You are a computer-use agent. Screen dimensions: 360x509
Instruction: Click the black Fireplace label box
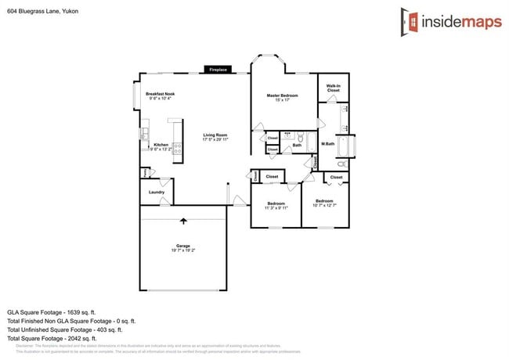point(218,70)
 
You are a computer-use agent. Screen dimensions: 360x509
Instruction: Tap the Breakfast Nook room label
point(160,94)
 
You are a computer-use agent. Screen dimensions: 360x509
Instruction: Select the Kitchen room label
point(161,144)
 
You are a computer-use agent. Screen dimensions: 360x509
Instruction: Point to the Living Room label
point(215,135)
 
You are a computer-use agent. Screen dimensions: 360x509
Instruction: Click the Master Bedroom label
point(283,95)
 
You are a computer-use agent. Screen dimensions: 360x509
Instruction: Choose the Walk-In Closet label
point(333,88)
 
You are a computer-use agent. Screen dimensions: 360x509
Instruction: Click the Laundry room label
point(156,192)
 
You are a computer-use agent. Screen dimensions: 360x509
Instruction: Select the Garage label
point(183,246)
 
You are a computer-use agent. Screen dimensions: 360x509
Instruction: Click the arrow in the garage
point(183,222)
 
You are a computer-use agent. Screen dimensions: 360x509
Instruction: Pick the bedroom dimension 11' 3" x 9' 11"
point(276,208)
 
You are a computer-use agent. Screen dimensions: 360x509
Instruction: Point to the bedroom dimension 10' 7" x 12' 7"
point(324,206)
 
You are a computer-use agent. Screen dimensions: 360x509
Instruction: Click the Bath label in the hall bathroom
point(297,145)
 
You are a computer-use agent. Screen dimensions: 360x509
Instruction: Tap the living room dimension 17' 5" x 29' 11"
point(215,139)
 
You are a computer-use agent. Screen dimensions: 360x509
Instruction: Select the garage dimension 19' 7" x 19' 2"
point(183,250)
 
